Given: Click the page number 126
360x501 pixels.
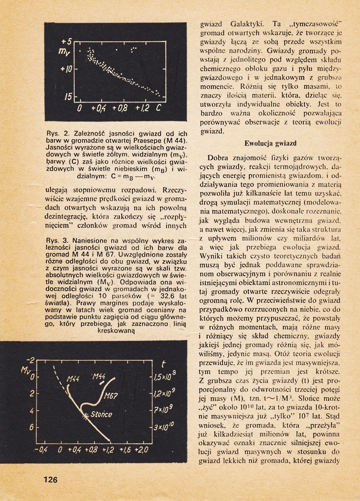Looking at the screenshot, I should tap(50, 480).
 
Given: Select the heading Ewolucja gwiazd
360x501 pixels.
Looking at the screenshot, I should tap(270, 144).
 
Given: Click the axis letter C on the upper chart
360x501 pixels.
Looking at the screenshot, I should tap(158, 109).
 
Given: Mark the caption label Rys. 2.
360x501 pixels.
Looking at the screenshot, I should tap(57, 134).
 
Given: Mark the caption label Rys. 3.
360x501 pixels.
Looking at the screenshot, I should tap(57, 241).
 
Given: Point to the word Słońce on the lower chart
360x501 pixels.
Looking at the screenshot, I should tap(102, 415).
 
